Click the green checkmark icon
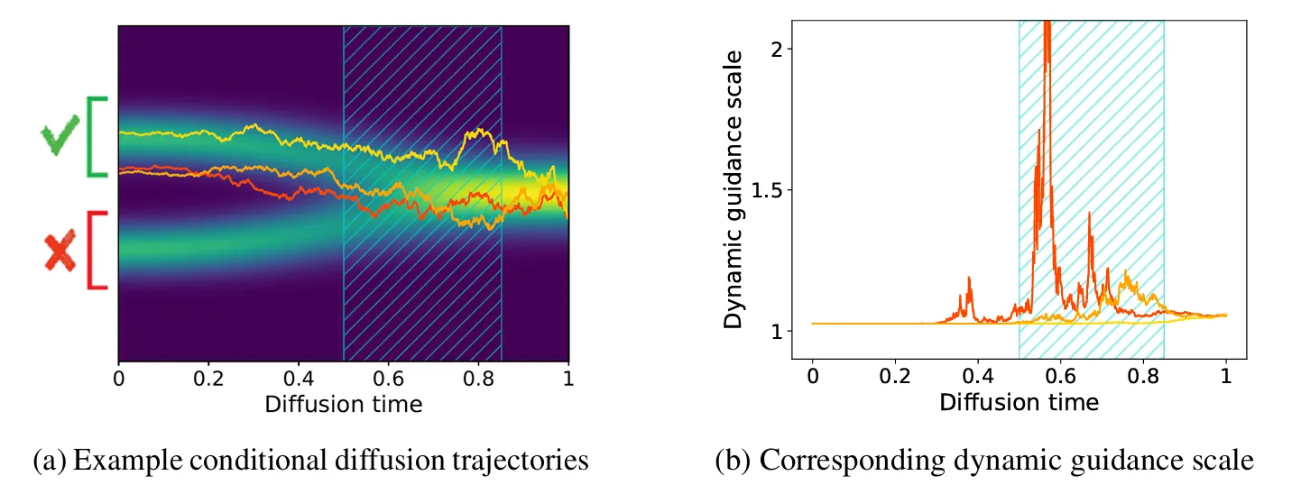point(60,139)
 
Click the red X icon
point(60,252)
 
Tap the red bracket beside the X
point(96,251)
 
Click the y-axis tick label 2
point(774,48)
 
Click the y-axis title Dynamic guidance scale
point(735,189)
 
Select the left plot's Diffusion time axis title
point(343,404)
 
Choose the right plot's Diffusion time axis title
point(1019,402)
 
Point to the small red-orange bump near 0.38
point(970,281)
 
